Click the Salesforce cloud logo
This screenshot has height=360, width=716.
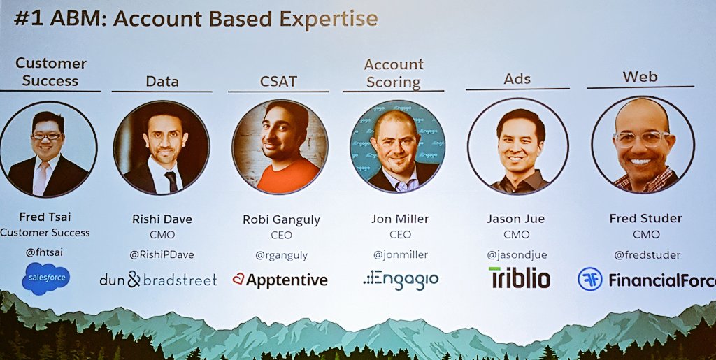[45, 278]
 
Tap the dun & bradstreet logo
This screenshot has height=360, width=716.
[158, 280]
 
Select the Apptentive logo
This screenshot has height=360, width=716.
[280, 280]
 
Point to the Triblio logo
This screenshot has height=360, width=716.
[519, 278]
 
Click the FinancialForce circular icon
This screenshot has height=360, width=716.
[589, 279]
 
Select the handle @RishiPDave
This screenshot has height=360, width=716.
[162, 255]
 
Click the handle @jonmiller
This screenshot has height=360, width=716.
[400, 254]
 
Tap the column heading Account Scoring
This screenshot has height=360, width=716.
[394, 73]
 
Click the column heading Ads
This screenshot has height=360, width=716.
[517, 79]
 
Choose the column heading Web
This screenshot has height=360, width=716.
[640, 76]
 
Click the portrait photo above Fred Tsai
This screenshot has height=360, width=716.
[48, 149]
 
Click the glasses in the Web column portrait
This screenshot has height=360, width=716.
[640, 139]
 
